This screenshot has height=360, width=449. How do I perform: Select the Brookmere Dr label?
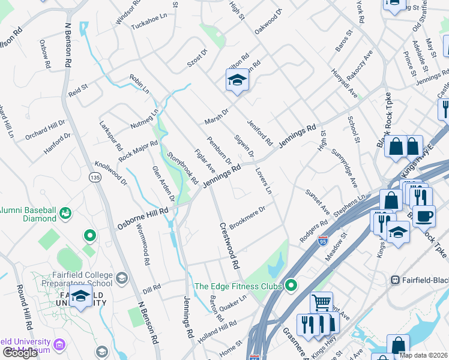click(247, 217)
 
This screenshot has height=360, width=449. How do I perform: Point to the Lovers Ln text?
click(264, 181)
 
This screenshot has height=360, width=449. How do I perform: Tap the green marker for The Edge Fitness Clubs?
click(291, 286)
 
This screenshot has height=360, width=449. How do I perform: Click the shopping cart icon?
click(321, 302)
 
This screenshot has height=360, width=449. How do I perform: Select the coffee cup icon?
click(424, 216)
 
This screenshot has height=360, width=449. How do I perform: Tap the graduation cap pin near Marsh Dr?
click(237, 80)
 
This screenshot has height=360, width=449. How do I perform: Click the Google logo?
click(20, 353)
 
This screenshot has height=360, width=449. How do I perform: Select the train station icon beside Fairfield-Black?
click(396, 280)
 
